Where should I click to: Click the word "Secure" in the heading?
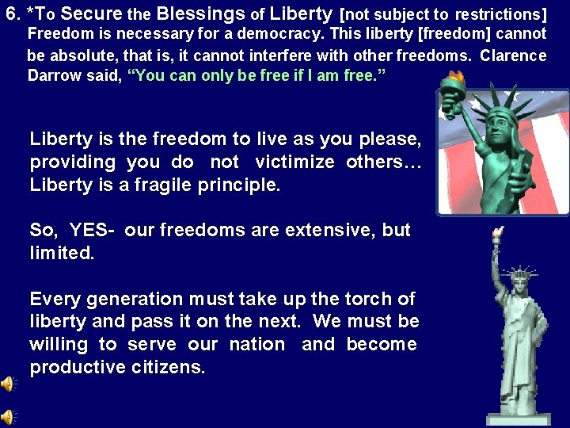pos(91,13)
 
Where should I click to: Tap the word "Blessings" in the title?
pos(201,13)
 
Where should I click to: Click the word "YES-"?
pos(93,231)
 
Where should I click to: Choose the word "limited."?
pos(62,254)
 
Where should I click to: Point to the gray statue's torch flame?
pos(496,233)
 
